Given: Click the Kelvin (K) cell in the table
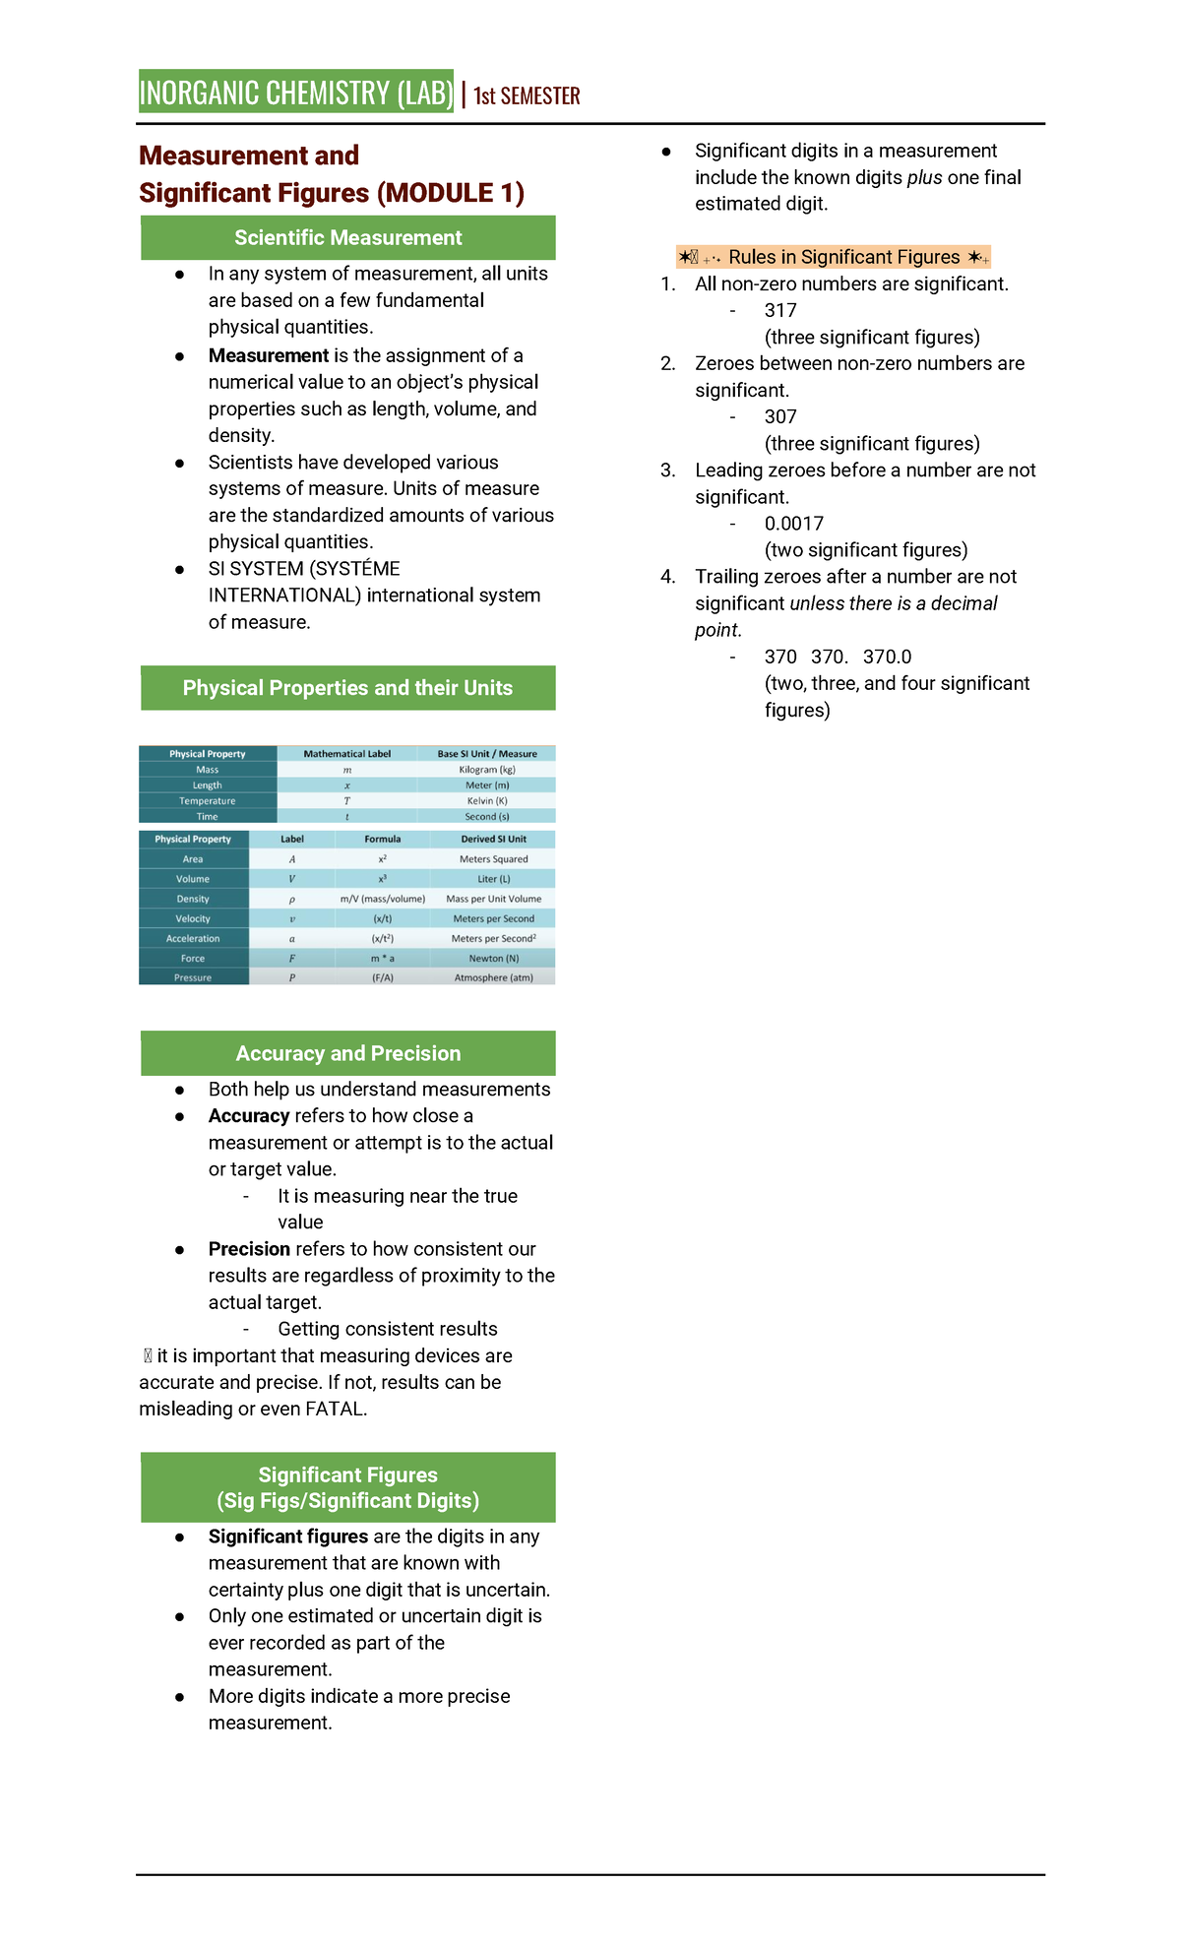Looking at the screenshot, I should (487, 801).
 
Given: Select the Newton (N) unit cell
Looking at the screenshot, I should (493, 958).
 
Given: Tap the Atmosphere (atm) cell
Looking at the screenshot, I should (493, 977).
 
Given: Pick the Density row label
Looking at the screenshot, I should (193, 899).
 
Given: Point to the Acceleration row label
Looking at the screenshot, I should (193, 938).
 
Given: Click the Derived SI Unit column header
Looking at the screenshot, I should (493, 840).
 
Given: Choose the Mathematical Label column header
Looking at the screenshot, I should (346, 754).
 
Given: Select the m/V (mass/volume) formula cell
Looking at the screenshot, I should (383, 899).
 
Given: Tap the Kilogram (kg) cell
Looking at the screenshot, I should (487, 770).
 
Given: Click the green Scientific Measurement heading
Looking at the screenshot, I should (347, 238).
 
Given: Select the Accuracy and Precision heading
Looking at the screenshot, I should (347, 1053).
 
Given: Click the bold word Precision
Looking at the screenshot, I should (249, 1249).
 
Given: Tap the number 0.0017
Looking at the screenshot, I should (794, 524).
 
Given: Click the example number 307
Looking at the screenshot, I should (780, 416).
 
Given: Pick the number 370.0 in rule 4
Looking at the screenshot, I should (887, 657).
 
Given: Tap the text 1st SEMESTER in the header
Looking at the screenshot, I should (527, 95).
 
